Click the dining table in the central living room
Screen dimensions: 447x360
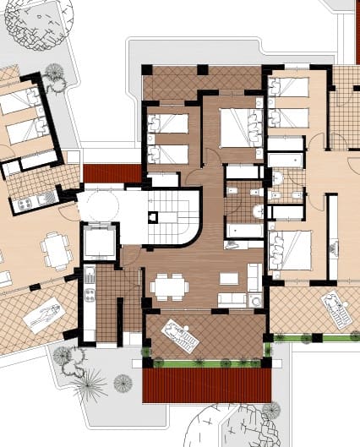coord(170,286)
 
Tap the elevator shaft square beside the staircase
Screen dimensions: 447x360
coord(98,243)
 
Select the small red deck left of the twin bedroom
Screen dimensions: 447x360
coord(112,173)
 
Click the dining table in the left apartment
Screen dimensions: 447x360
coord(57,248)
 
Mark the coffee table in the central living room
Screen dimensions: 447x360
coord(227,278)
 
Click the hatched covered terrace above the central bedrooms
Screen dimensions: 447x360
coord(203,82)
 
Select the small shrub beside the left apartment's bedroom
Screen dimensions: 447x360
coord(56,74)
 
